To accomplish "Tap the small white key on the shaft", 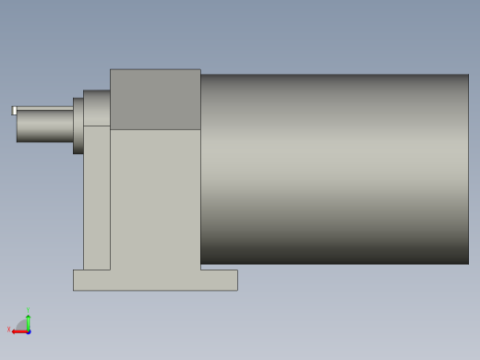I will (14, 111).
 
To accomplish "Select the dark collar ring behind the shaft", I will (78, 126).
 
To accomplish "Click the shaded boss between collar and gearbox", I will (97, 108).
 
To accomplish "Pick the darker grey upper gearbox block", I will (155, 100).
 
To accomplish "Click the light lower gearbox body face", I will (155, 198).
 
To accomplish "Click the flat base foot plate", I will (155, 280).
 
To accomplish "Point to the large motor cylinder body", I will (334, 169).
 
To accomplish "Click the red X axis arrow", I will (18, 331).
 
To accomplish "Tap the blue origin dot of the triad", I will (29, 330).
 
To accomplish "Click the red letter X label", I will (9, 330).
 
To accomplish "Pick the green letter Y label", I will (29, 310).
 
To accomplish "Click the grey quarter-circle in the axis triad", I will (23, 325).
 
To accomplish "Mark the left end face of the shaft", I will (18, 126).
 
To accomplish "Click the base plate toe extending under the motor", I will (220, 280).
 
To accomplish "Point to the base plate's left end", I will (77, 280).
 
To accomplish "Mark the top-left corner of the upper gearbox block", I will (111, 70).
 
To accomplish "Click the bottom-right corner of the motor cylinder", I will (467, 262).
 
